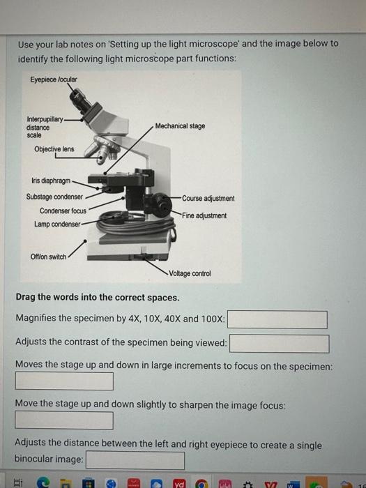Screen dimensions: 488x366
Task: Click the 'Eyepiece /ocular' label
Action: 54,79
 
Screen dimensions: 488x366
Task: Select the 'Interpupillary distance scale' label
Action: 42,128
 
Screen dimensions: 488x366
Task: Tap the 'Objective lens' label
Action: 54,149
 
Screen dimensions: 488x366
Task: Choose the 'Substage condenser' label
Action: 54,197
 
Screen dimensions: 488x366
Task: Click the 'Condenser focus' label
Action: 63,211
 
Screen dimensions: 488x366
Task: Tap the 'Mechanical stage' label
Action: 180,126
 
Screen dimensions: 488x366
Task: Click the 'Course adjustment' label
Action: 208,199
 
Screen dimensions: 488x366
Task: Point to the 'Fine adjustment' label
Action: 204,215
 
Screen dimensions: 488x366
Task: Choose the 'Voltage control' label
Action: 189,274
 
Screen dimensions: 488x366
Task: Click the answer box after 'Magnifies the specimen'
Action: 277,319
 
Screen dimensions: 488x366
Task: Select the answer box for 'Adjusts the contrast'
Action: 280,344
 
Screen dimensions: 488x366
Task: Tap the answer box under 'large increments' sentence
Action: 64,381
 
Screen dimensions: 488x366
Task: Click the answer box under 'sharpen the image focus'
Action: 64,420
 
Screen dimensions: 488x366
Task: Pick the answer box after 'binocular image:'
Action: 135,460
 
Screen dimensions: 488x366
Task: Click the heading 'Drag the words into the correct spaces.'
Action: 97,298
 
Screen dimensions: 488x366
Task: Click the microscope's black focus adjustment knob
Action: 160,205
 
